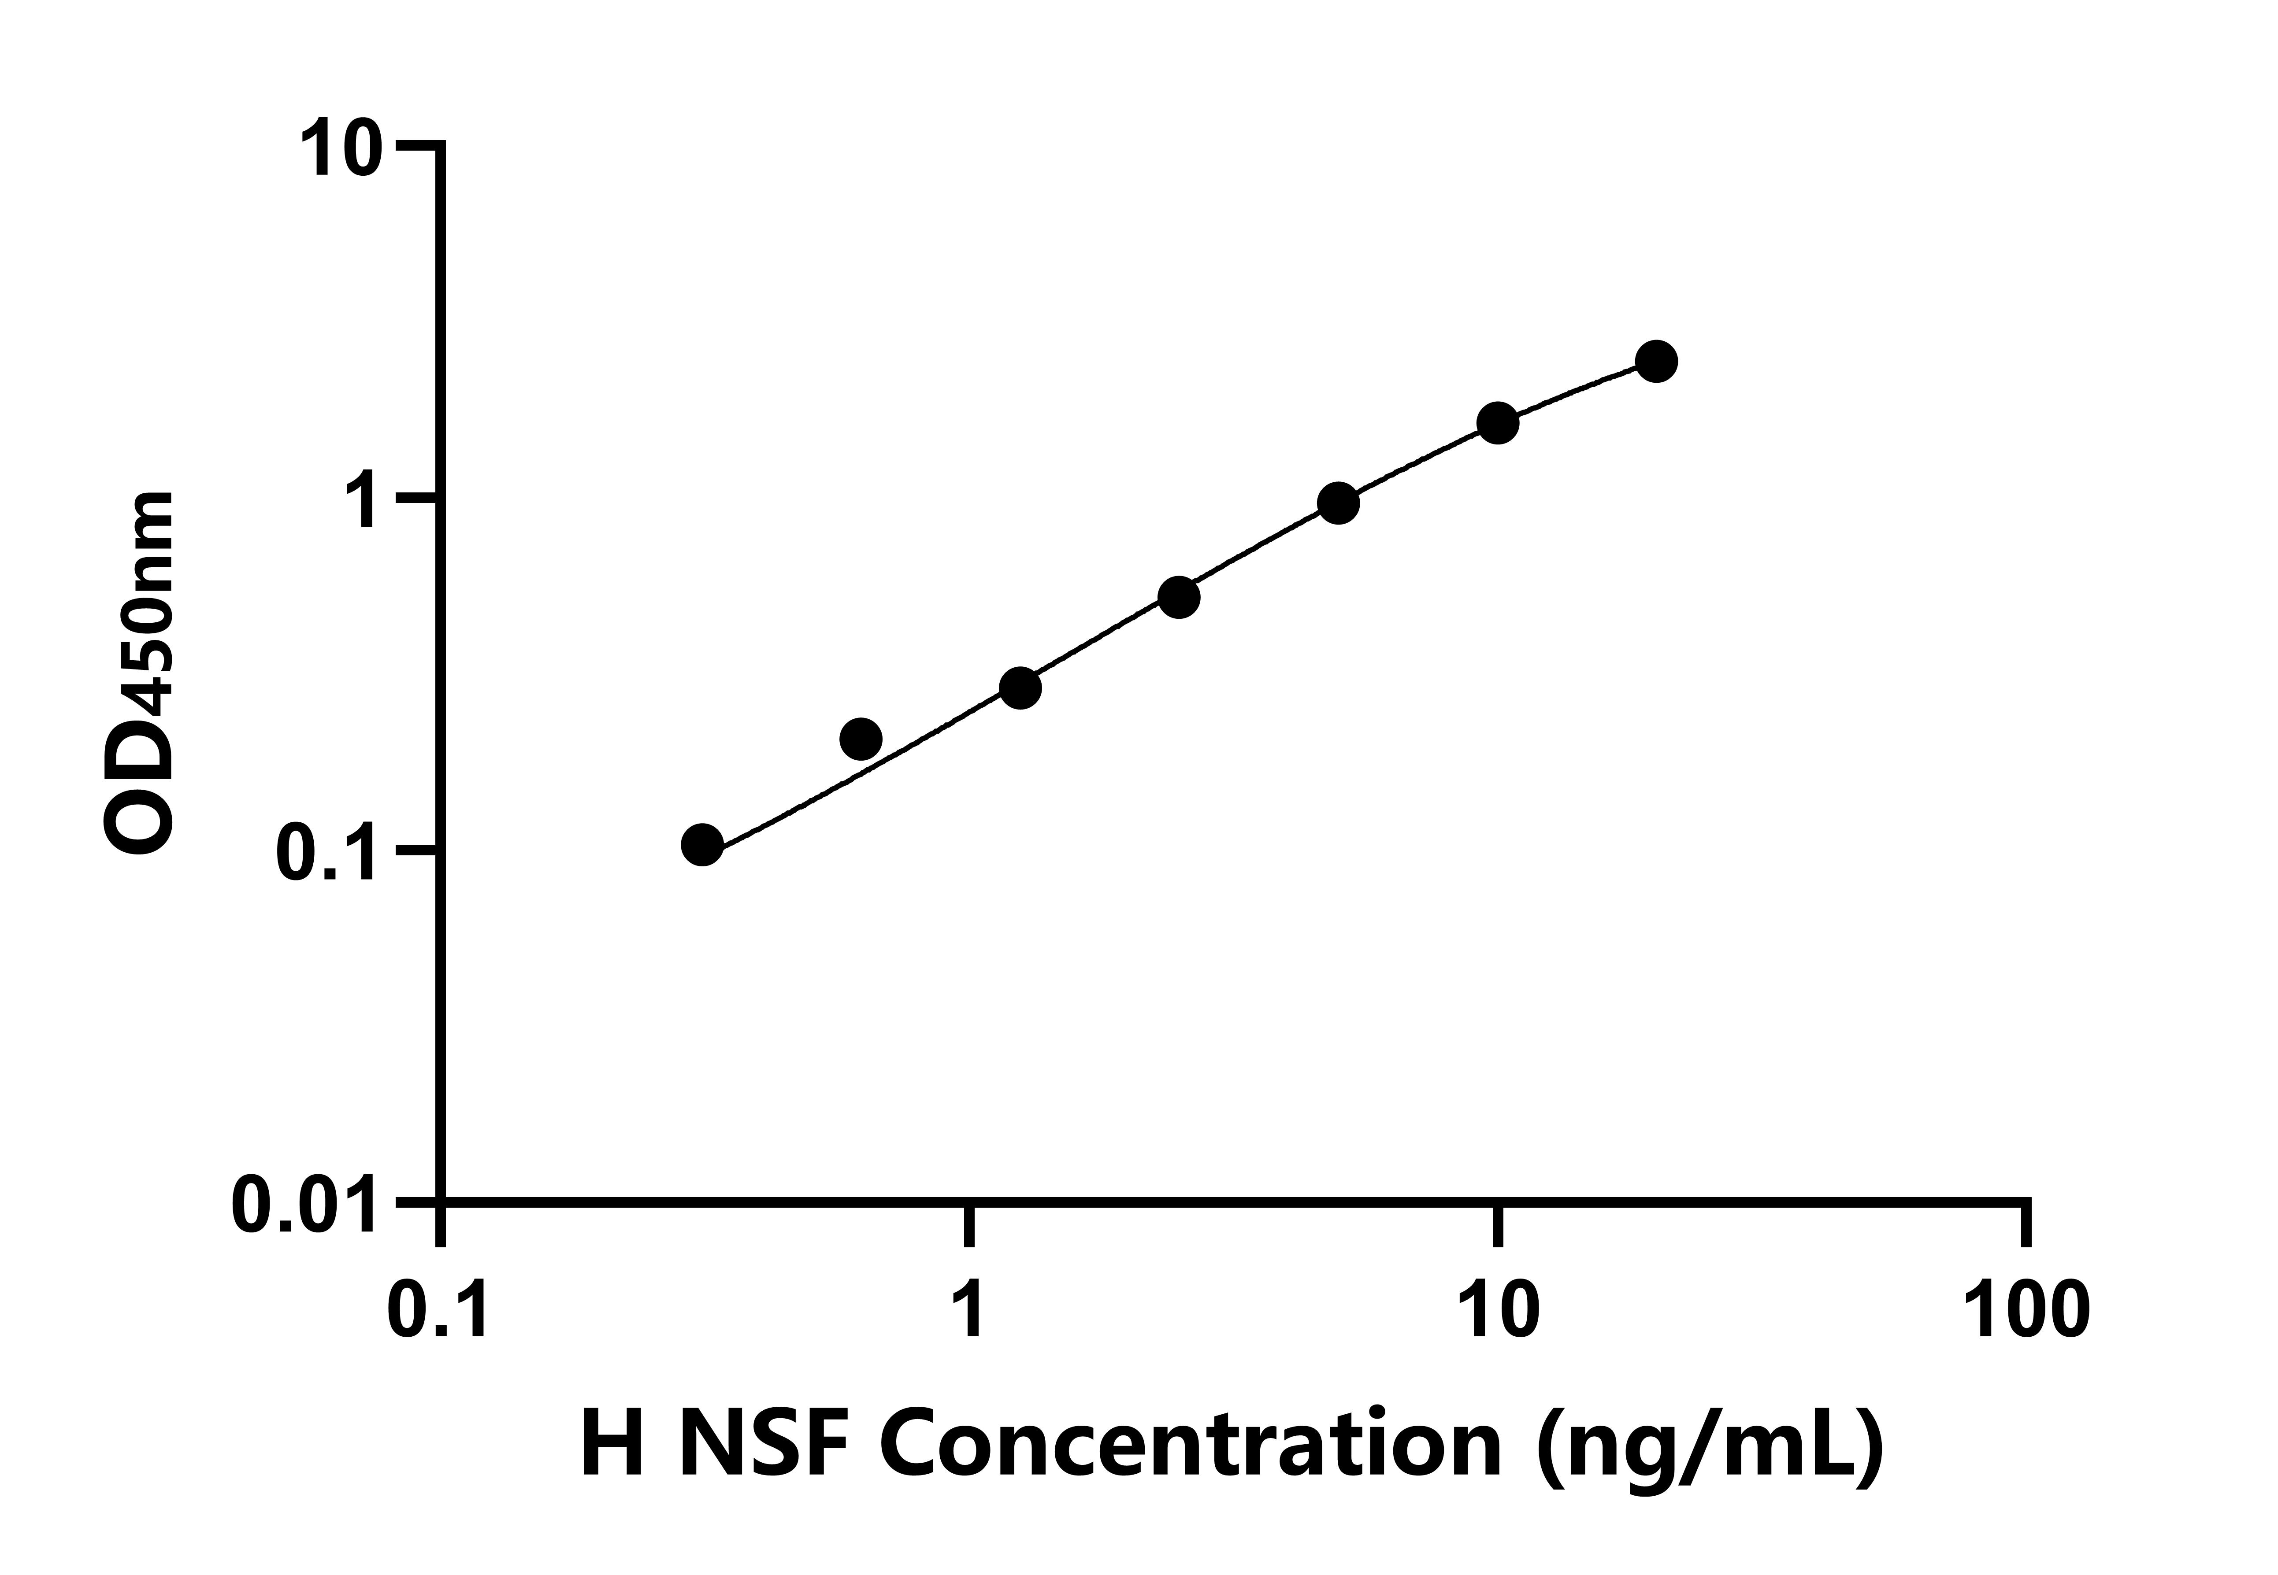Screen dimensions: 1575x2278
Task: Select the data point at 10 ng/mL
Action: pos(1497,423)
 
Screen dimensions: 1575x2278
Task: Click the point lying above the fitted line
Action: pos(861,738)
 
